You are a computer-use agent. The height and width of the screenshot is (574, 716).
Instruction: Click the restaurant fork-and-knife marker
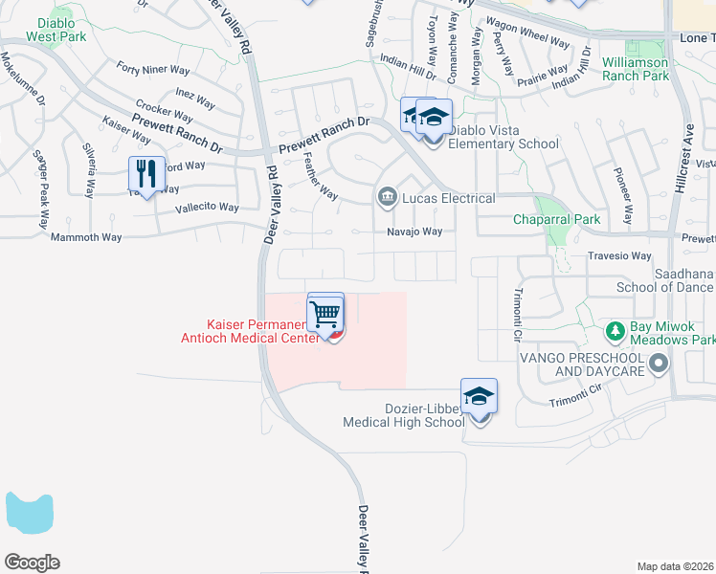(x=146, y=174)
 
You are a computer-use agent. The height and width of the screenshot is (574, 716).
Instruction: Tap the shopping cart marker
(x=325, y=313)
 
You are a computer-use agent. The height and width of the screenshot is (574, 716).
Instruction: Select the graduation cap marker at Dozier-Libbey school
(x=479, y=396)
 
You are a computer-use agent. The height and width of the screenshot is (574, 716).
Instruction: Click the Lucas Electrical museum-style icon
(x=387, y=198)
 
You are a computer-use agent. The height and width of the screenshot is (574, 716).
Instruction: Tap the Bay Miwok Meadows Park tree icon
(x=616, y=332)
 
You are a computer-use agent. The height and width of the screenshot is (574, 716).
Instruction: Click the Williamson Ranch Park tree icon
(x=632, y=48)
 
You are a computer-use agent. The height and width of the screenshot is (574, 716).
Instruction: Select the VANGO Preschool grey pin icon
(x=659, y=364)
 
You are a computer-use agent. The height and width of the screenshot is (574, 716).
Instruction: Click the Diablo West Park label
(x=56, y=30)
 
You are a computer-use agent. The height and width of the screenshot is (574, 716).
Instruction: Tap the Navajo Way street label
(x=414, y=232)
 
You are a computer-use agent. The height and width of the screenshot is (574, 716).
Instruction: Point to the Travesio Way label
(x=621, y=256)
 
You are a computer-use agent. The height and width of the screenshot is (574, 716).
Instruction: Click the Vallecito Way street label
(x=206, y=207)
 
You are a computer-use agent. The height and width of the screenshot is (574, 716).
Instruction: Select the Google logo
(x=32, y=563)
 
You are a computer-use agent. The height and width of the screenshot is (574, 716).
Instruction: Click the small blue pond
(x=28, y=515)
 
